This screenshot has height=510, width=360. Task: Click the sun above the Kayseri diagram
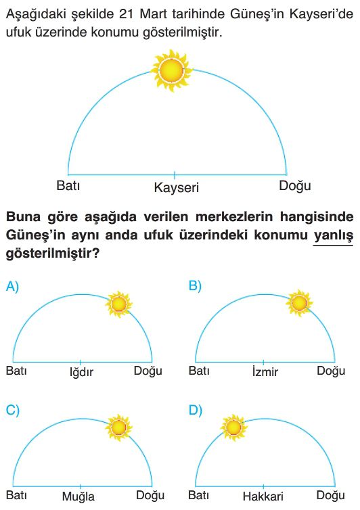point(171,70)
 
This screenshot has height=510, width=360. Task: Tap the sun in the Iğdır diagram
point(119,304)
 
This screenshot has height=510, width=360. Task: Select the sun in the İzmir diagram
point(299,303)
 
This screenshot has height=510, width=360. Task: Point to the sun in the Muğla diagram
point(119,427)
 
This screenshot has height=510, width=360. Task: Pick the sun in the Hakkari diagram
point(233,427)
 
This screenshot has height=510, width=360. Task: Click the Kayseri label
point(177,187)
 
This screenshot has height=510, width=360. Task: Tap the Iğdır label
point(81,372)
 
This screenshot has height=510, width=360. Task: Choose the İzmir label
point(265,371)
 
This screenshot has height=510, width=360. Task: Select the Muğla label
point(78,496)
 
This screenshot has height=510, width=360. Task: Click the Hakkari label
point(263,496)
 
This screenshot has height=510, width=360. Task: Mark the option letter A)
point(12,287)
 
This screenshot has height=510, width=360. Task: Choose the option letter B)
point(196,286)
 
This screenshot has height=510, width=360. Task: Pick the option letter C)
point(13,411)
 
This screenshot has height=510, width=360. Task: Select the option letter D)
point(196,411)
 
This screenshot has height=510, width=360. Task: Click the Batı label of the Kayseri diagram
point(68,185)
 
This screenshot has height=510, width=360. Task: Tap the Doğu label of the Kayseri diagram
point(295,186)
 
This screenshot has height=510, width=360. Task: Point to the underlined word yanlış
point(334,235)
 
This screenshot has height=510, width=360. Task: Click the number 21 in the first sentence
point(126,14)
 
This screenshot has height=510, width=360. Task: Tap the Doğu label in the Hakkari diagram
point(331,496)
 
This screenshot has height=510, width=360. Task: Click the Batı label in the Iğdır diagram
point(16,371)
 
